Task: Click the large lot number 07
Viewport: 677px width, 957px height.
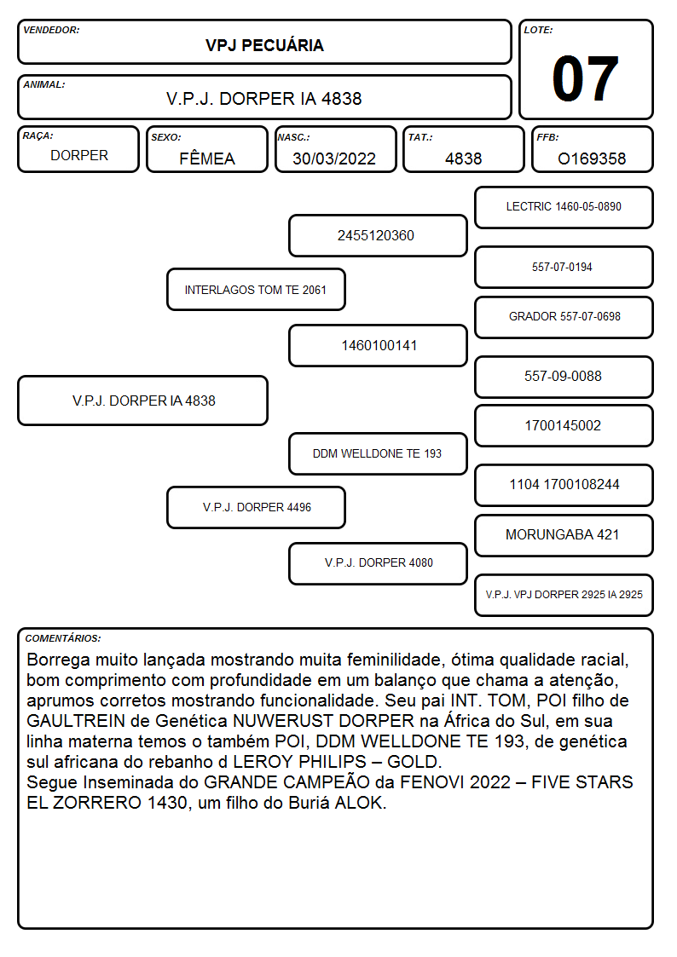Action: pos(585,78)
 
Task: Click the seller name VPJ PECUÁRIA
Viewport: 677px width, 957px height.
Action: pos(264,45)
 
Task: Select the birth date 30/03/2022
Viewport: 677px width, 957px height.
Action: pos(334,159)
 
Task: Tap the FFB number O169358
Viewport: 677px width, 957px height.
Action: pos(592,159)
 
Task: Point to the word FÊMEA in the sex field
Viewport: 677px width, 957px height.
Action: pos(207,159)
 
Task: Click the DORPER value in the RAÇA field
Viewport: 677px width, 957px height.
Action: pos(79,156)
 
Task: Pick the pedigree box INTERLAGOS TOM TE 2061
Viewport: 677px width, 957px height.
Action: pos(256,289)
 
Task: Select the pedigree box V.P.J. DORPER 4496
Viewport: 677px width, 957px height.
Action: pos(256,507)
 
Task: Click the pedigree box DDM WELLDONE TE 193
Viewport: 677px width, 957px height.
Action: pos(378,453)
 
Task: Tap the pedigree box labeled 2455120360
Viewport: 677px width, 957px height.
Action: pos(378,235)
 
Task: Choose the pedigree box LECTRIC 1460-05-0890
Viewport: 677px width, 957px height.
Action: pos(564,208)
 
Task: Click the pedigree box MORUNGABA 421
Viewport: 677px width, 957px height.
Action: pos(564,535)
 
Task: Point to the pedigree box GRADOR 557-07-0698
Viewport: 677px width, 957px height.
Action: pos(564,317)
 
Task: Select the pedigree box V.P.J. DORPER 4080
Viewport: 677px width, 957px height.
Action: pos(378,563)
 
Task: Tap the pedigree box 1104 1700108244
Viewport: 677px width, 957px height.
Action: pos(564,485)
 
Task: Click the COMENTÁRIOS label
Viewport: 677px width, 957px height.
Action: pos(63,638)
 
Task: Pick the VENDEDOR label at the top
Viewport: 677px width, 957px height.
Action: pos(51,30)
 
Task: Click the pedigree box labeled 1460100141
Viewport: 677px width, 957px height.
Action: pos(378,345)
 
